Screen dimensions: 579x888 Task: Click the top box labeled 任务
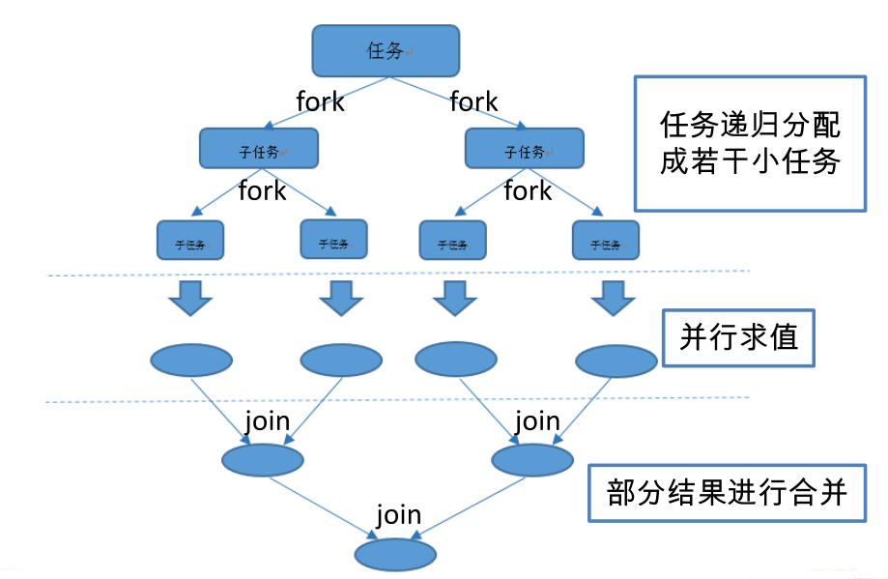(385, 50)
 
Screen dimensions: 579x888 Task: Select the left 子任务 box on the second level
(258, 149)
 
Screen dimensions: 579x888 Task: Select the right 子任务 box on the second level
(525, 149)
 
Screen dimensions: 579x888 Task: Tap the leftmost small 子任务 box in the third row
(190, 241)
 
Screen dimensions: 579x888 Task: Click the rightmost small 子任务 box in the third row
(606, 241)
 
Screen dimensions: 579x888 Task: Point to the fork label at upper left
(320, 101)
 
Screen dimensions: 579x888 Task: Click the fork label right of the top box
(473, 101)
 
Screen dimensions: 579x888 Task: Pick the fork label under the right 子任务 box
(528, 191)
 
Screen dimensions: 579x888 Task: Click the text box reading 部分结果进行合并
(727, 493)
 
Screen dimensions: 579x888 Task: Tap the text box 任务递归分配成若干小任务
(750, 143)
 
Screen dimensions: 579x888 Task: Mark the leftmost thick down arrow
(190, 298)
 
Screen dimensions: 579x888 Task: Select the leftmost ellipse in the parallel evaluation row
(191, 361)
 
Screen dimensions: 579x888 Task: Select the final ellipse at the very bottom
(395, 555)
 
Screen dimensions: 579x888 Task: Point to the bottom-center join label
(399, 514)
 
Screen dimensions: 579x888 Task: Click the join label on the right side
(537, 421)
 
